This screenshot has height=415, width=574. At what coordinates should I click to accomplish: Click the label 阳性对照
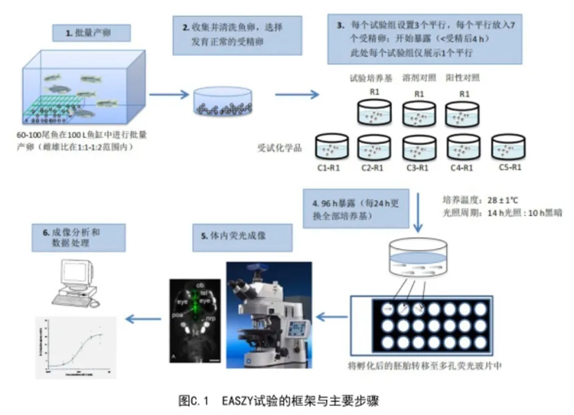tap(464, 78)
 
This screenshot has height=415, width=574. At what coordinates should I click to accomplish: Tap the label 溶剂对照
tap(419, 78)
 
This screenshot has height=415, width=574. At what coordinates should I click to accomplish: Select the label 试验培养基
tap(373, 78)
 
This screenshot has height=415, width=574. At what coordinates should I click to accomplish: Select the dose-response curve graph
tap(75, 347)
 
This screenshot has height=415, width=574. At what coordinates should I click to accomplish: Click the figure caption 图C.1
tap(278, 400)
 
